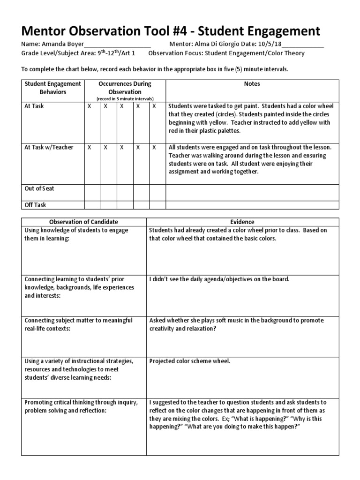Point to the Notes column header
click(252, 84)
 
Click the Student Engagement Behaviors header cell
click(52, 88)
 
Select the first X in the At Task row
click(89, 106)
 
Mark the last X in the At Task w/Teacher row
click(154, 147)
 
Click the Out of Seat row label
click(39, 188)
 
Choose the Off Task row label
click(35, 205)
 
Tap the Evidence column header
click(242, 222)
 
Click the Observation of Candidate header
click(84, 222)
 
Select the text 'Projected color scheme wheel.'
click(190, 361)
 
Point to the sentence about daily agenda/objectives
click(219, 279)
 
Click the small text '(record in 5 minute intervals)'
click(124, 99)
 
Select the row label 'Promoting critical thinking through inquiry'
click(81, 402)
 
